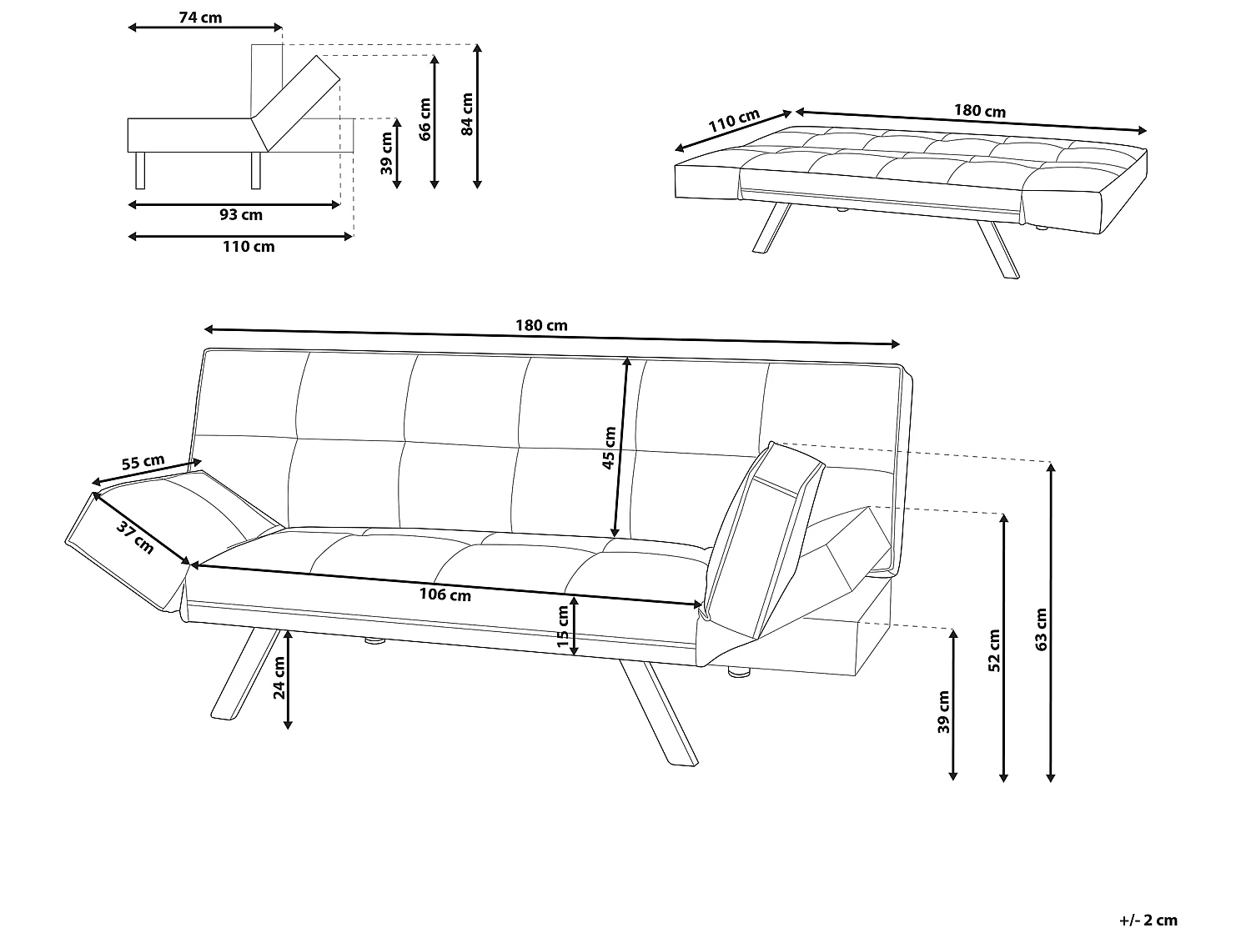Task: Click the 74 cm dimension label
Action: click(201, 18)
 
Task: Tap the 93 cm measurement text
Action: click(241, 215)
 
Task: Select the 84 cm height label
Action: click(467, 114)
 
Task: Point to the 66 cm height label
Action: click(425, 119)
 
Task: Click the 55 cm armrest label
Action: click(143, 461)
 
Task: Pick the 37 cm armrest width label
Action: click(135, 537)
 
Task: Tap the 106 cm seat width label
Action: click(445, 594)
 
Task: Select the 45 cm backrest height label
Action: click(609, 448)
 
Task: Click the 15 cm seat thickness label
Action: click(562, 626)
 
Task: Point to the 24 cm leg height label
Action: click(279, 678)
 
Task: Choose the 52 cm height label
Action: click(994, 650)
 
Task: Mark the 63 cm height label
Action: click(1041, 630)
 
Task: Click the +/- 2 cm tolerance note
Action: click(1148, 920)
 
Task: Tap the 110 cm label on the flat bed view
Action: click(734, 120)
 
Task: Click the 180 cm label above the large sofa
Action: click(541, 325)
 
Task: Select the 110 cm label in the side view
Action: click(249, 247)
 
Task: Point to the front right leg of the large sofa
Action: click(659, 713)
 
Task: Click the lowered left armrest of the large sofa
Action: click(171, 535)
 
